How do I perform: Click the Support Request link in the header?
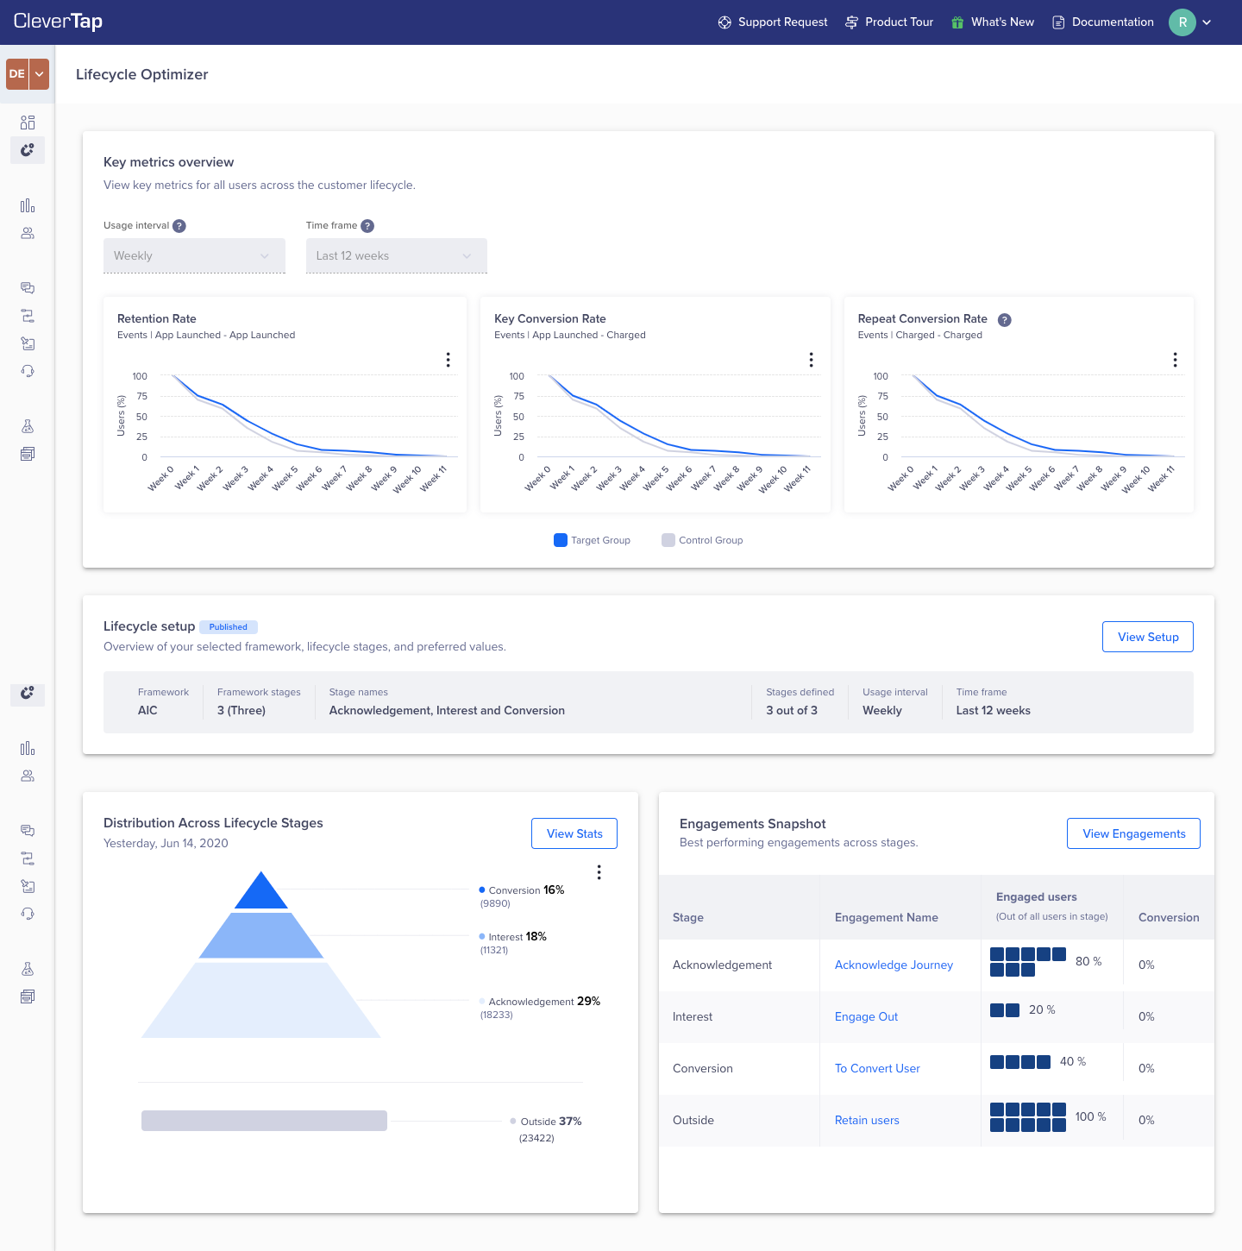773,22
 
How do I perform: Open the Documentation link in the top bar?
1103,22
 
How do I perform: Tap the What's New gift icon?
957,22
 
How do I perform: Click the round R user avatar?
1182,22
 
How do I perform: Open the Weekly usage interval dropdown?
194,255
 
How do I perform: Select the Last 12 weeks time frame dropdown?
396,255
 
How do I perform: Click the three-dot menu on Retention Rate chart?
448,360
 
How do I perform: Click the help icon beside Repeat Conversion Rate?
1004,320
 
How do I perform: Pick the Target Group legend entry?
593,540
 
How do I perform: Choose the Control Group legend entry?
702,540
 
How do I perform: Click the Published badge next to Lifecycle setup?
228,627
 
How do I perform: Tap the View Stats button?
574,833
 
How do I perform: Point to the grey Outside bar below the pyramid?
264,1121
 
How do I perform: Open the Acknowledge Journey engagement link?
894,965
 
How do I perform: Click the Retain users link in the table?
867,1120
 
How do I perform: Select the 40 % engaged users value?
1072,1061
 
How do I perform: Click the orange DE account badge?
17,74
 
